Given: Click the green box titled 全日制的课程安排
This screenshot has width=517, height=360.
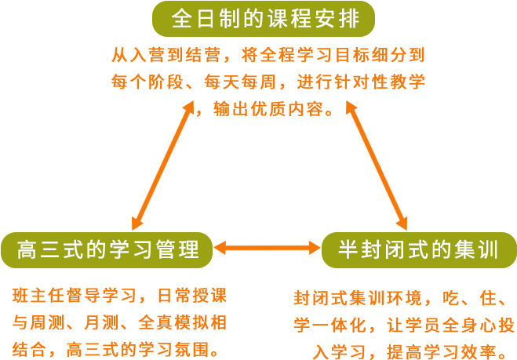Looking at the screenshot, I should click(263, 18).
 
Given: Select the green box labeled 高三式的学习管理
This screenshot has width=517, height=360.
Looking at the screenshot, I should click(107, 249).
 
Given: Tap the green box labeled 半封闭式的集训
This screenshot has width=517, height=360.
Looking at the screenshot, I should click(418, 249).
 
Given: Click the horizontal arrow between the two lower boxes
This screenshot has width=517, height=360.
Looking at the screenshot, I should click(267, 249).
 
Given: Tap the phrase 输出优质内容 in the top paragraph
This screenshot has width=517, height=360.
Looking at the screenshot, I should click(273, 108).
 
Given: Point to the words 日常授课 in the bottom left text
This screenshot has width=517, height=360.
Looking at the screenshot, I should click(192, 297).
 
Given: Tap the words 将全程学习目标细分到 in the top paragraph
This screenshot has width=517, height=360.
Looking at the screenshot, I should click(334, 56).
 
